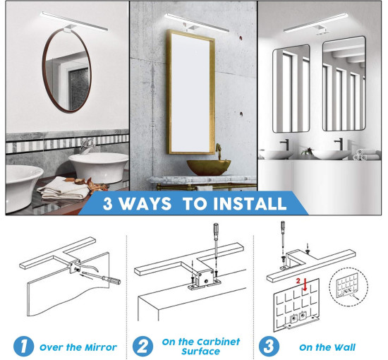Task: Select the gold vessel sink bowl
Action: pyautogui.click(x=209, y=167)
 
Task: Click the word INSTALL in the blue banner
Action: pyautogui.click(x=250, y=204)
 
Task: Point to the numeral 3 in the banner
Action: pyautogui.click(x=108, y=204)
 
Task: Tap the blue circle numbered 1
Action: pyautogui.click(x=23, y=346)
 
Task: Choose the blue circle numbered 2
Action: pyautogui.click(x=143, y=346)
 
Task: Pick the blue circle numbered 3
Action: pyautogui.click(x=269, y=346)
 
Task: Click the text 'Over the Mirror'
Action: pyautogui.click(x=78, y=347)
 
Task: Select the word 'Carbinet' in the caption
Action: pyautogui.click(x=218, y=342)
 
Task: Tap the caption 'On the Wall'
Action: pyautogui.click(x=327, y=347)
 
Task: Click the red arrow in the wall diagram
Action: pyautogui.click(x=305, y=284)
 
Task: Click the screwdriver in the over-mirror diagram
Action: pyautogui.click(x=102, y=277)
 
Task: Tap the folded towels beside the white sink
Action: pyautogui.click(x=63, y=188)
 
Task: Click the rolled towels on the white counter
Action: pyautogui.click(x=360, y=155)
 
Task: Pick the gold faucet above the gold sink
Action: pyautogui.click(x=218, y=152)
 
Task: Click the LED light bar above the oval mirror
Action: pyautogui.click(x=74, y=22)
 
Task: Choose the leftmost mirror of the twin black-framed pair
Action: pyautogui.click(x=291, y=89)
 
